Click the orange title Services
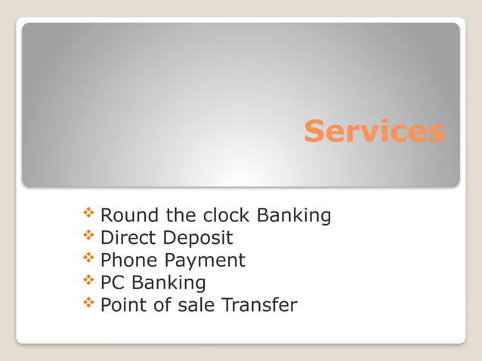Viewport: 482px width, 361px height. click(x=374, y=131)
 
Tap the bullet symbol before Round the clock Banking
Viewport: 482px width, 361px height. click(x=89, y=214)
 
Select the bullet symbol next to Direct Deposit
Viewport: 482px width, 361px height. click(x=89, y=237)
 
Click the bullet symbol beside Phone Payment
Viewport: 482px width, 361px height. click(x=89, y=260)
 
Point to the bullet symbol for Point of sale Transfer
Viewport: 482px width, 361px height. click(x=89, y=304)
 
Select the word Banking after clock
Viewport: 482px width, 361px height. click(x=294, y=217)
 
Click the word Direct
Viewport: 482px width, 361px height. click(x=124, y=238)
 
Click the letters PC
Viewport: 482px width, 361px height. click(x=112, y=283)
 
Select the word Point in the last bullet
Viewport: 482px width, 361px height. click(x=122, y=305)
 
